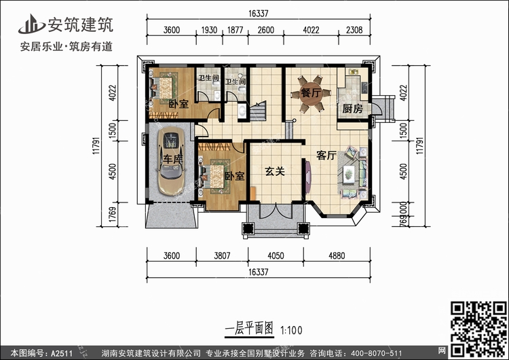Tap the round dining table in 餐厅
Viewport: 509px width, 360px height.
(x=309, y=94)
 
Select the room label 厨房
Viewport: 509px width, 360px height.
(x=351, y=109)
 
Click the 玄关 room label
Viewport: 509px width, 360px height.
(x=274, y=172)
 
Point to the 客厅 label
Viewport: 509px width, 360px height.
(x=326, y=156)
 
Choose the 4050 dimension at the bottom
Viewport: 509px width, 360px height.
(x=275, y=256)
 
